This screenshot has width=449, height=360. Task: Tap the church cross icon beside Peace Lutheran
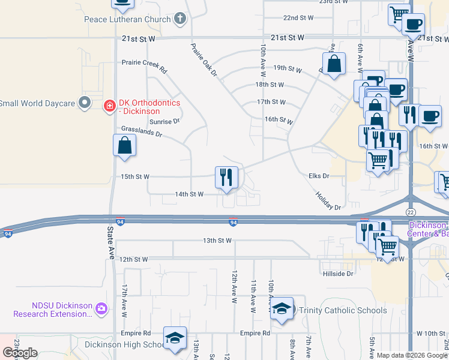pos(179,19)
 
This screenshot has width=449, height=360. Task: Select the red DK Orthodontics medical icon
pos(109,107)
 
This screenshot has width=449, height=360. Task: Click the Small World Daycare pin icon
pos(85,103)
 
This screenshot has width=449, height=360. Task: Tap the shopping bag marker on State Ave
pos(124,146)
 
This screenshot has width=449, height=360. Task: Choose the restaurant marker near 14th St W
pos(226,178)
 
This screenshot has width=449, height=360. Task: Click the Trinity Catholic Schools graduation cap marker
pos(281,309)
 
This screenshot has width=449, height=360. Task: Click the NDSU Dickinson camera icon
pos(101,308)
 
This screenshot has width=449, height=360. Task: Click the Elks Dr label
pos(319,176)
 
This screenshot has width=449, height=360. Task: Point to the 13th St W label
pos(217,241)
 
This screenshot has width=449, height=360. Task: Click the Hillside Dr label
pos(338,274)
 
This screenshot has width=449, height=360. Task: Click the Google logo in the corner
pos(20,353)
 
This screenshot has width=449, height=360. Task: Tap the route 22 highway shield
pos(411,213)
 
